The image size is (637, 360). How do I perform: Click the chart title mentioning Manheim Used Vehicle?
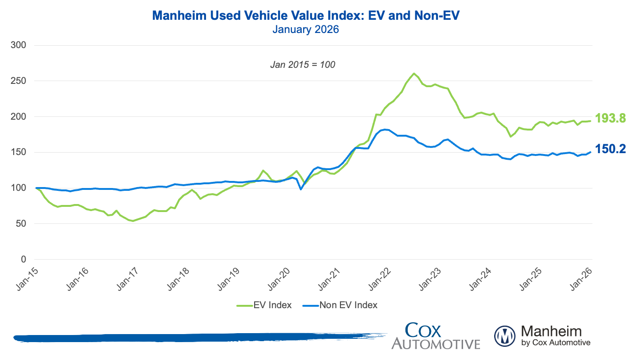tap(306, 16)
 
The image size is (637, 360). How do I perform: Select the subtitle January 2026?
tap(306, 29)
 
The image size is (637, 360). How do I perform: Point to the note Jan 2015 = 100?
tap(303, 65)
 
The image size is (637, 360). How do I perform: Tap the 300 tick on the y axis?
tap(21, 45)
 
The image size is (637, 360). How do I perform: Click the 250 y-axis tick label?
tap(21, 81)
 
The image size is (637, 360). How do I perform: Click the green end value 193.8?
tap(610, 118)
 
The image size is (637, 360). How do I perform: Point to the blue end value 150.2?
tap(610, 149)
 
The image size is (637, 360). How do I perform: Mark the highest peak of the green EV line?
tap(414, 74)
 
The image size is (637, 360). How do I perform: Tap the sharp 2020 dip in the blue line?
tap(301, 189)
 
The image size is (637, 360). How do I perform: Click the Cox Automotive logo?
tap(435, 335)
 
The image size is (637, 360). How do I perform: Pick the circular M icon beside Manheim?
tap(505, 336)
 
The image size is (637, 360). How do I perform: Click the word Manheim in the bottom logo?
tap(551, 331)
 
